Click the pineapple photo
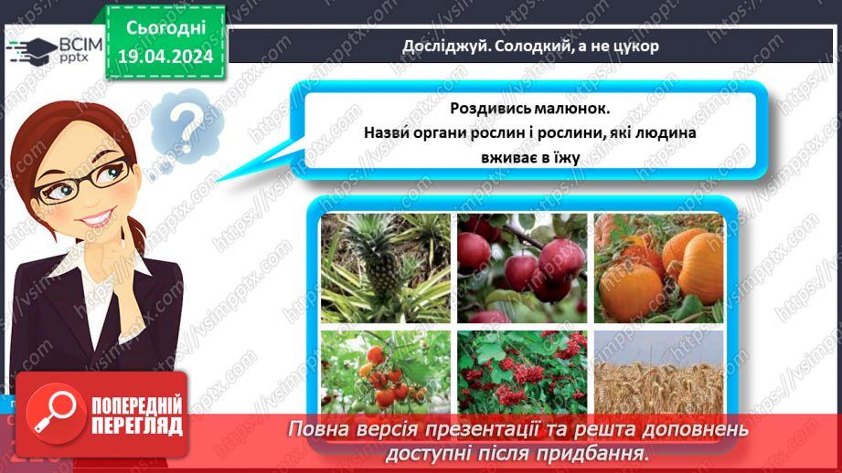pyautogui.click(x=384, y=268)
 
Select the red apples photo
pyautogui.click(x=522, y=268)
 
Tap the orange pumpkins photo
pyautogui.click(x=658, y=268)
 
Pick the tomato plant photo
pyautogui.click(x=384, y=370)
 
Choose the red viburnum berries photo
pyautogui.click(x=522, y=370)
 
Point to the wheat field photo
pyautogui.click(x=658, y=370)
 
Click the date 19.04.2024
pyautogui.click(x=165, y=57)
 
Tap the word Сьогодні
pyautogui.click(x=165, y=29)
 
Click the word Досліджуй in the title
pyautogui.click(x=435, y=47)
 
